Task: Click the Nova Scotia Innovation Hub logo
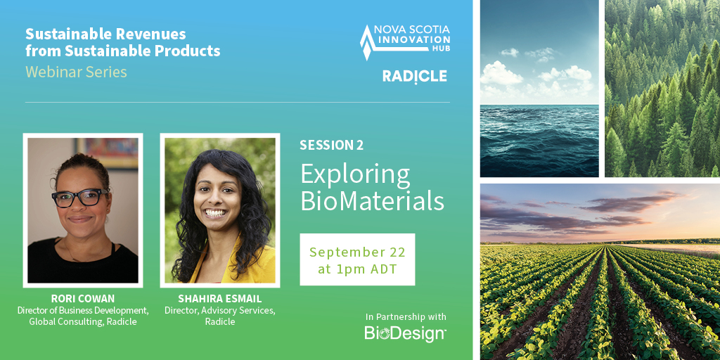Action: click(405, 41)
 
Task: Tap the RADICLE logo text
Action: click(414, 77)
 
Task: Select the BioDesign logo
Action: click(405, 333)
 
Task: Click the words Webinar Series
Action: click(76, 72)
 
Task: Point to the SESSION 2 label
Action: click(331, 146)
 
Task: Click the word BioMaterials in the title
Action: click(372, 201)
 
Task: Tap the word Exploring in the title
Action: click(355, 173)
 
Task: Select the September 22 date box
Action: click(357, 259)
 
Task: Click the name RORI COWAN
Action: click(82, 299)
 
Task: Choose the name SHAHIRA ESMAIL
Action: click(219, 299)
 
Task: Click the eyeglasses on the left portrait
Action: click(80, 198)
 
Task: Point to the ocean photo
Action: click(539, 88)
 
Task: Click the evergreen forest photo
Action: click(662, 88)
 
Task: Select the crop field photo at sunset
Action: click(600, 272)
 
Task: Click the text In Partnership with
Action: click(406, 316)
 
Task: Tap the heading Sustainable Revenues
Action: click(105, 34)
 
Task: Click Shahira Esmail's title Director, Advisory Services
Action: click(219, 311)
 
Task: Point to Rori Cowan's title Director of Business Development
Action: click(82, 310)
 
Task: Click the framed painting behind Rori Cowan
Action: click(105, 151)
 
